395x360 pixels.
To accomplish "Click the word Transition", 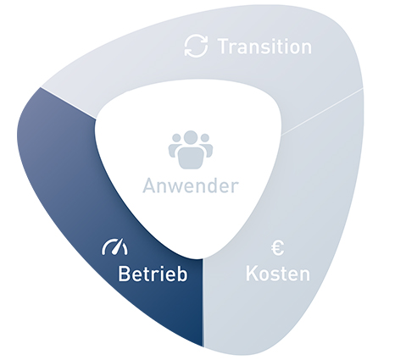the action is pos(265,47).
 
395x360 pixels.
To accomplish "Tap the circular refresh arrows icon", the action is pos(196,47).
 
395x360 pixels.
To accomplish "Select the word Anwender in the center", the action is pos(191,186).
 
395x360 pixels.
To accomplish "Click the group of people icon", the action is pos(191,149).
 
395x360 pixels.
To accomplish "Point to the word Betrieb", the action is pos(153,274).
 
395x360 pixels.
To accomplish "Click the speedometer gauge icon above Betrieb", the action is pos(114,247).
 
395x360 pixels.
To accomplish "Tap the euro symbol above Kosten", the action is pos(277,248).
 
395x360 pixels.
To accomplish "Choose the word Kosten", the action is pos(278,274).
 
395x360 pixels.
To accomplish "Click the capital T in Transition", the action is pos(224,47).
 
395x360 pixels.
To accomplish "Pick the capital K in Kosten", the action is pos(252,274).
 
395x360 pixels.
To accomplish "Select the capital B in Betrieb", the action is pos(124,274).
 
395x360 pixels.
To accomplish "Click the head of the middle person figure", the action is pos(191,137).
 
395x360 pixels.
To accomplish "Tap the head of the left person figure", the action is pos(176,138).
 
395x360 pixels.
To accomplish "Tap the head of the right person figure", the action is pos(205,138).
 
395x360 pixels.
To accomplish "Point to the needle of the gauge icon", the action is pos(119,246).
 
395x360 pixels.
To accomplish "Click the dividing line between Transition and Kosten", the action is pos(322,112).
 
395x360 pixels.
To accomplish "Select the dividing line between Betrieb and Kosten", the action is pos(203,302).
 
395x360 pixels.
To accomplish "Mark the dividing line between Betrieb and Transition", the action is pos(68,103).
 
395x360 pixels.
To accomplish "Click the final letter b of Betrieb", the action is pos(182,274).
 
